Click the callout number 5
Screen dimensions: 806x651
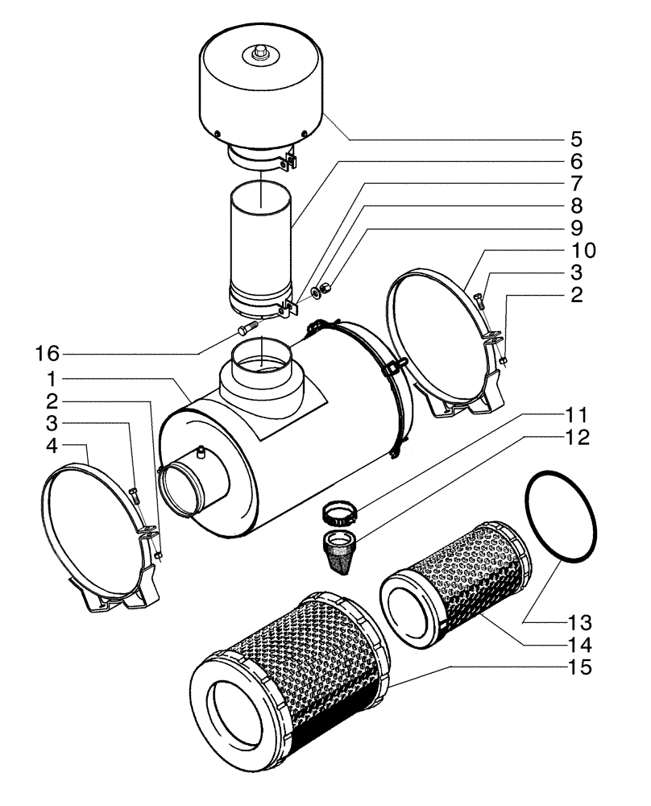click(578, 138)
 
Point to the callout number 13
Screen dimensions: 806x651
click(578, 623)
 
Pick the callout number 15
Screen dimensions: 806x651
click(578, 667)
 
